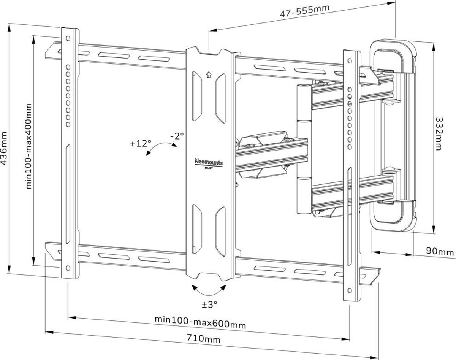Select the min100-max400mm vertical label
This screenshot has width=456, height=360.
point(28,147)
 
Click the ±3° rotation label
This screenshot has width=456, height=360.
point(210,304)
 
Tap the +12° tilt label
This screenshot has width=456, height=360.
point(140,144)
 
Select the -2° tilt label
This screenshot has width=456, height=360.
point(177,136)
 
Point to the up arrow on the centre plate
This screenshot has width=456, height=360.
point(208,75)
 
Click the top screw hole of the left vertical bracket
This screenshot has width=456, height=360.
point(68,38)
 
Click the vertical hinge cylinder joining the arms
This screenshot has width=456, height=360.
point(304,148)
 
